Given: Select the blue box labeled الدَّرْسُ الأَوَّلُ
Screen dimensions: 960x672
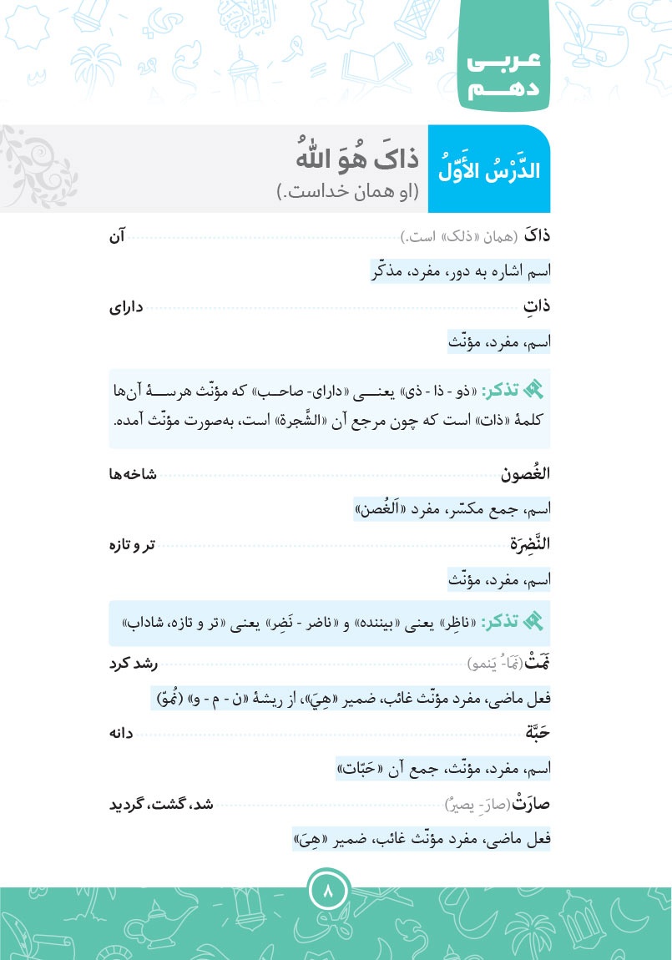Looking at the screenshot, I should tap(489, 169).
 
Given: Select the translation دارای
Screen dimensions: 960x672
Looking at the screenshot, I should tap(126, 306).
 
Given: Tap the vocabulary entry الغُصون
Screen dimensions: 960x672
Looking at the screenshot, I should tap(526, 474).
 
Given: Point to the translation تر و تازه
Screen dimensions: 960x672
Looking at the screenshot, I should tap(128, 544).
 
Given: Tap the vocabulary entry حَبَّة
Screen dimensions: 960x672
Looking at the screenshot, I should tap(535, 734).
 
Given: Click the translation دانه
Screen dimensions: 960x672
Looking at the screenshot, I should tap(122, 734).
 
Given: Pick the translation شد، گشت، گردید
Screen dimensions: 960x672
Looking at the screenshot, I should tap(162, 804).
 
